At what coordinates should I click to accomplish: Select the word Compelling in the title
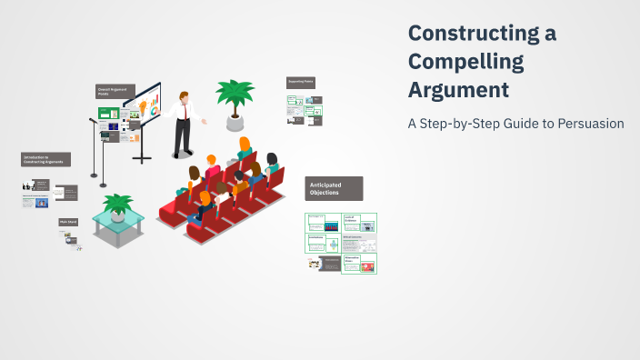[x=466, y=62]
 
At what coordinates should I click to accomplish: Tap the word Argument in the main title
[x=458, y=91]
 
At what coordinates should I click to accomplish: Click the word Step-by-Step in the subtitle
[x=482, y=124]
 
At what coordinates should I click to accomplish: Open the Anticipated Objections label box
[x=334, y=188]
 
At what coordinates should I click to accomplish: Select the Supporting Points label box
[x=300, y=82]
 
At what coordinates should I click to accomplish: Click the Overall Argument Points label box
[x=115, y=92]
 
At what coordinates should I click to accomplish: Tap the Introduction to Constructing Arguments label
[x=45, y=159]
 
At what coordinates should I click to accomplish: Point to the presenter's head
[x=185, y=95]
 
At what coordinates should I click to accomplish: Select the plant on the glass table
[x=117, y=204]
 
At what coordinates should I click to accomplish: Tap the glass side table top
[x=117, y=218]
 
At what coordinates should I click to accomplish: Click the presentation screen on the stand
[x=145, y=107]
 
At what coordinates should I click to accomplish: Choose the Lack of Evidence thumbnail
[x=360, y=222]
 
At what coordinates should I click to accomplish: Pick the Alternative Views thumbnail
[x=360, y=264]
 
